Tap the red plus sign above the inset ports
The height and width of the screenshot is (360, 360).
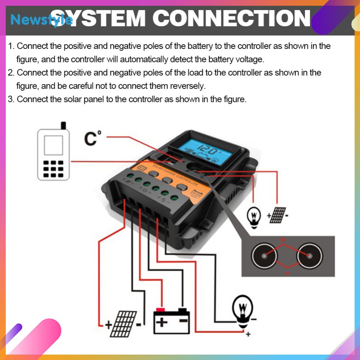tap(283, 240)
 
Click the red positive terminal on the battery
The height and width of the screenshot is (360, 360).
tap(161, 310)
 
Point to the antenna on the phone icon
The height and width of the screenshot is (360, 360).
tap(63, 126)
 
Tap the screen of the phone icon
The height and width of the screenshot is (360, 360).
tap(53, 145)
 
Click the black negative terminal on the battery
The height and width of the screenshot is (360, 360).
tap(183, 310)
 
